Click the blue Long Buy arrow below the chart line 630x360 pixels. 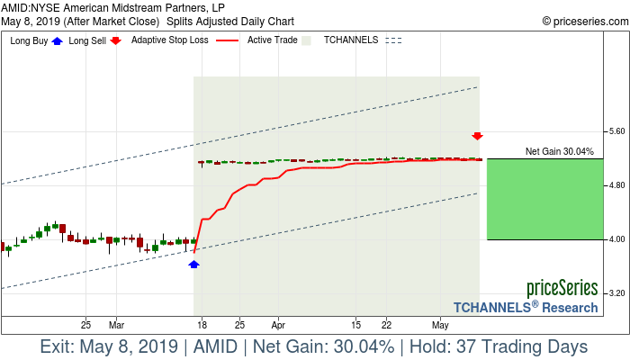(193, 264)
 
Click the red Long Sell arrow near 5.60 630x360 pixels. (478, 136)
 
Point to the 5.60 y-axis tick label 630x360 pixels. (616, 131)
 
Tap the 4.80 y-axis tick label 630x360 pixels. (616, 185)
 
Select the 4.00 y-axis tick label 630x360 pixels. (616, 239)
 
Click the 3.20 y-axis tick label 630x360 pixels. (616, 293)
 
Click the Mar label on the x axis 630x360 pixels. (116, 324)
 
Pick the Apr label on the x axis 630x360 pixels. (278, 324)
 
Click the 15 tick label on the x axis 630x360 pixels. (357, 324)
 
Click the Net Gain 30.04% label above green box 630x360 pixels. (559, 151)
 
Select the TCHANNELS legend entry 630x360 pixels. (351, 40)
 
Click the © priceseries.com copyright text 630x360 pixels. (582, 20)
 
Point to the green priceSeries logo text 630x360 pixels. (562, 289)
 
